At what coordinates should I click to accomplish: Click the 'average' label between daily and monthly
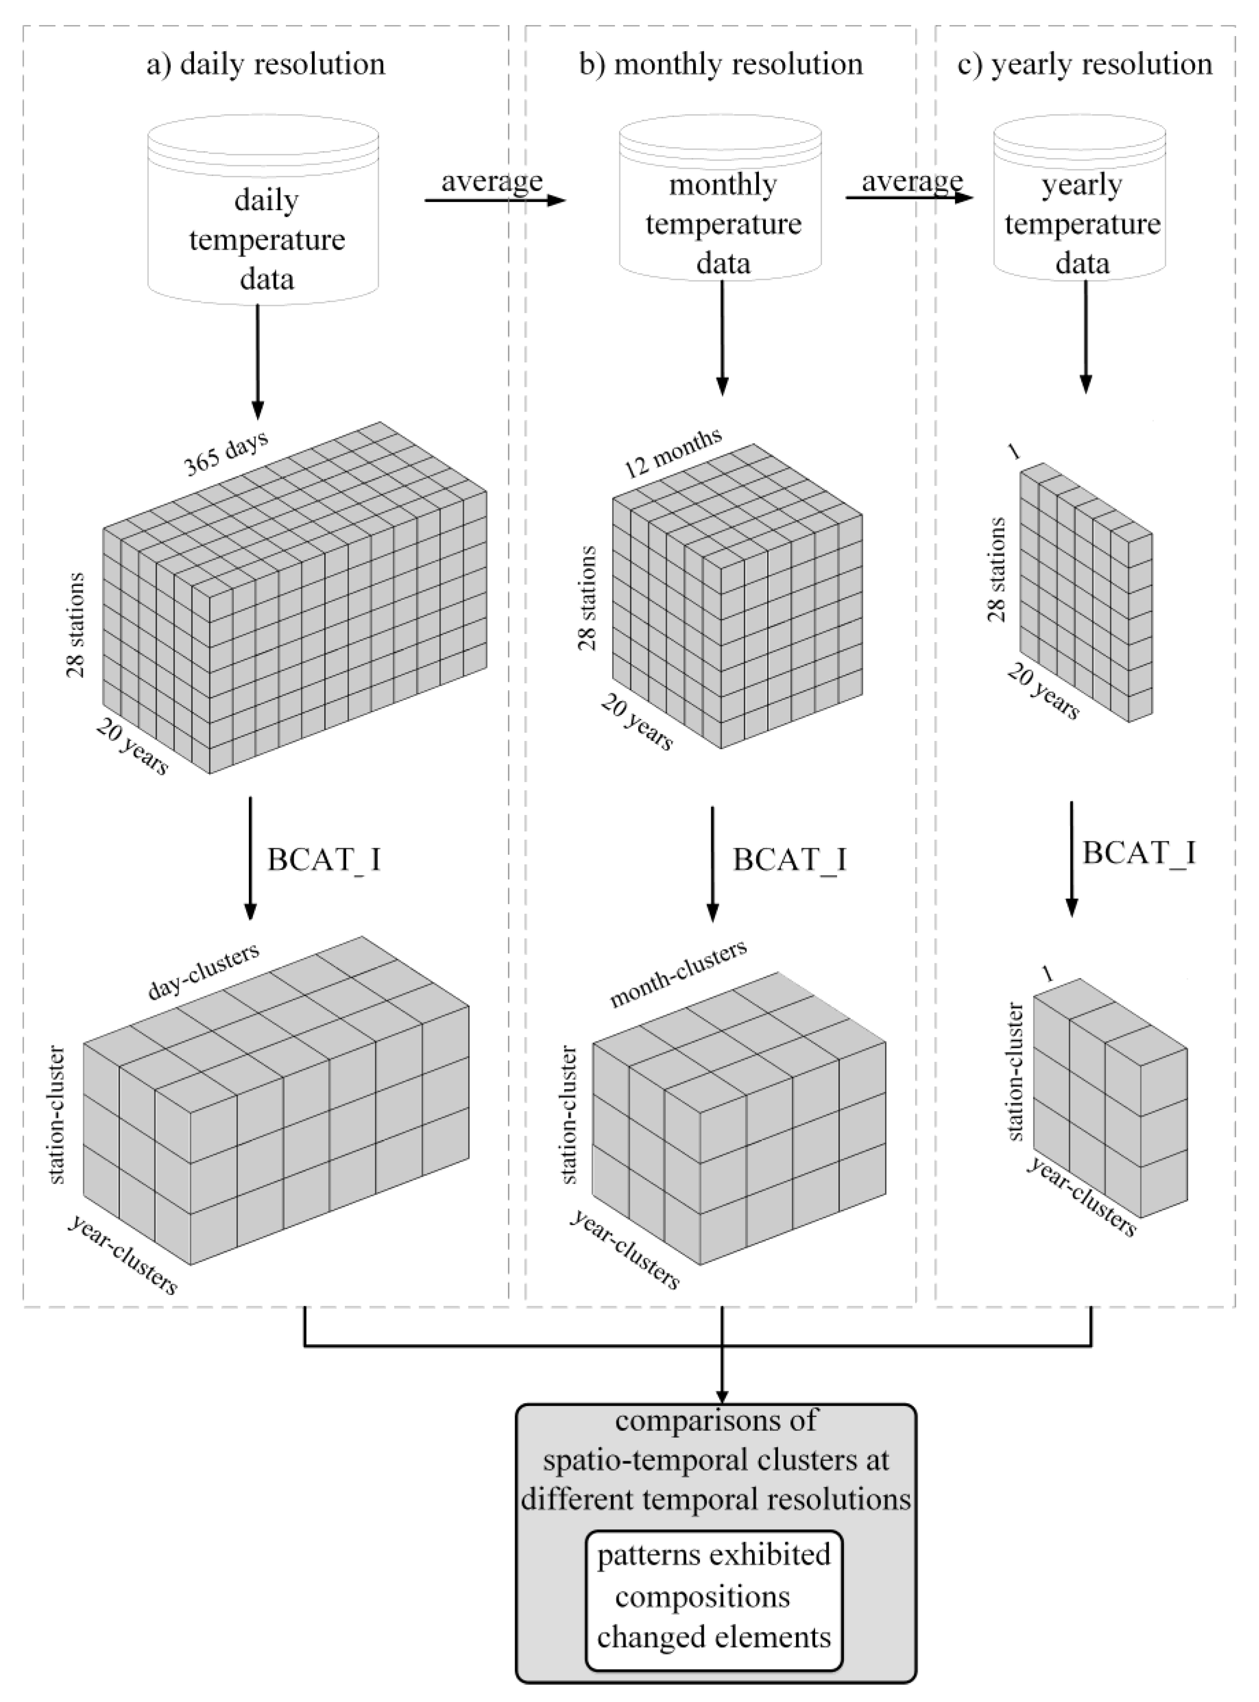(491, 181)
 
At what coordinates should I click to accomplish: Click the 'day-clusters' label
(204, 971)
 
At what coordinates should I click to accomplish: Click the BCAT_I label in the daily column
(324, 860)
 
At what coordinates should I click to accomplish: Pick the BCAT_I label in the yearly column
(1138, 852)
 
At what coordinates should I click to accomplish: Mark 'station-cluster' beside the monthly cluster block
(569, 1115)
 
